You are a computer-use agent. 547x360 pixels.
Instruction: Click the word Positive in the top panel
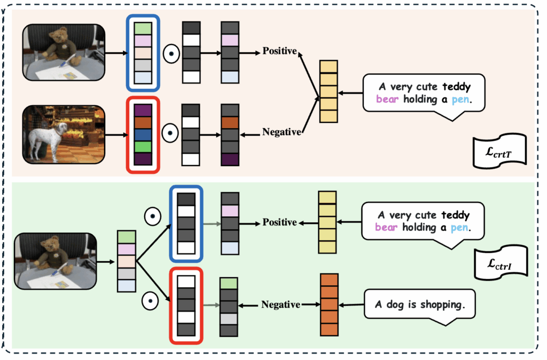point(279,52)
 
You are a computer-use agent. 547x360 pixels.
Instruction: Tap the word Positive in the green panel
point(279,222)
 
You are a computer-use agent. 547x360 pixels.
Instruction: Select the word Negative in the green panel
point(280,304)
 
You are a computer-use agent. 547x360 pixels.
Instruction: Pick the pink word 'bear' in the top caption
point(387,99)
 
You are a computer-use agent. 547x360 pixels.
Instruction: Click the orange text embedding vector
point(329,304)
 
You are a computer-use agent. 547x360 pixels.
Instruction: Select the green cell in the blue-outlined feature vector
point(143,28)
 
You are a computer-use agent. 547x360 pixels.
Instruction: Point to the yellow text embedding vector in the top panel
point(329,91)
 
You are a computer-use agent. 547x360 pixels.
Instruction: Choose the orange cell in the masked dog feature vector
point(230,122)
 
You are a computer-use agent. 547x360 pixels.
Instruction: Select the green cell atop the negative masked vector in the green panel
point(229,284)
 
